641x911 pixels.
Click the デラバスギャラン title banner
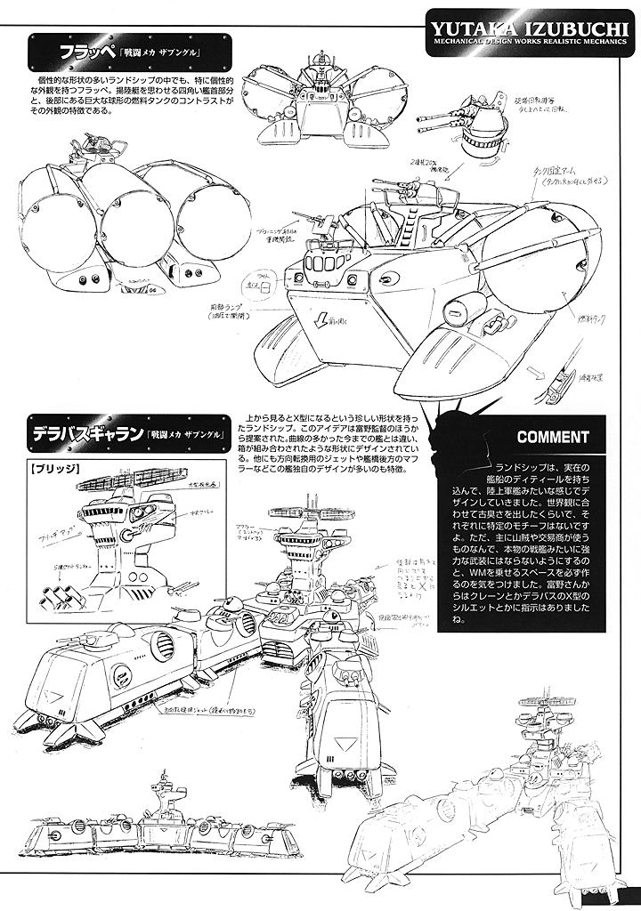tap(134, 435)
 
